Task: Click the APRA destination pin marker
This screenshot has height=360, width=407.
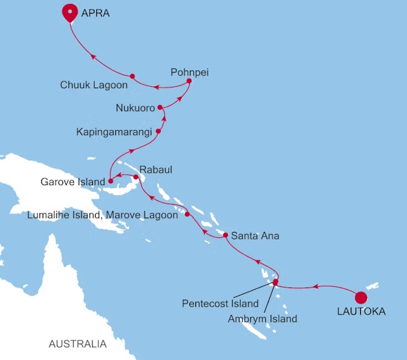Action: click(x=69, y=12)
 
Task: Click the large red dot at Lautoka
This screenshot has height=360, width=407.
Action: click(x=361, y=296)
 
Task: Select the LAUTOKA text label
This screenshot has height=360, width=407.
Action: click(x=361, y=313)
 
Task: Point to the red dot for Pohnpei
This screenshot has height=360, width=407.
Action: click(x=189, y=81)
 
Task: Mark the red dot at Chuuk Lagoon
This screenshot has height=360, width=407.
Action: click(x=132, y=76)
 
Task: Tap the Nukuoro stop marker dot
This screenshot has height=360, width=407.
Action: click(x=160, y=107)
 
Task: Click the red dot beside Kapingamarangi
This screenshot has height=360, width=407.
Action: click(x=158, y=131)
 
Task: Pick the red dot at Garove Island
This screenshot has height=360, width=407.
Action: click(x=111, y=182)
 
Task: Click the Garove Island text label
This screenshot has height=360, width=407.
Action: click(x=73, y=182)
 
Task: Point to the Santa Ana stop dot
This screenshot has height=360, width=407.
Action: click(x=225, y=235)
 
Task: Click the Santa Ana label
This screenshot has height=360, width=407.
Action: click(x=255, y=236)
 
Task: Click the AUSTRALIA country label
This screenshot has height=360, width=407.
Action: click(x=77, y=344)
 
